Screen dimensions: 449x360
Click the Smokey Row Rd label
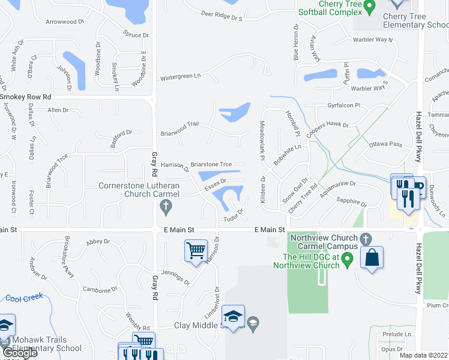(x=26, y=97)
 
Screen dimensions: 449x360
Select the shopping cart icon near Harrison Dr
(x=196, y=251)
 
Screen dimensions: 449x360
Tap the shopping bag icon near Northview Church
(x=372, y=258)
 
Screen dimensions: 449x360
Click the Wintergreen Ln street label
(x=180, y=77)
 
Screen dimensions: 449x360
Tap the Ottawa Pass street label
(x=385, y=145)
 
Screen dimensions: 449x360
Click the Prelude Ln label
(x=399, y=334)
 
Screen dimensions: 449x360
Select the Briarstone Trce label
(x=211, y=164)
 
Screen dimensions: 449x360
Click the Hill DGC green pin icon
(x=347, y=262)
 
